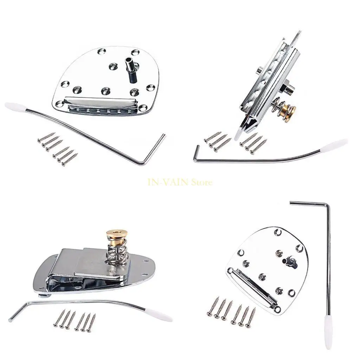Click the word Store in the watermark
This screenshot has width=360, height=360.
[x=202, y=182]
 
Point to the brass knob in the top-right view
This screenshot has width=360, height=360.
[x=289, y=109]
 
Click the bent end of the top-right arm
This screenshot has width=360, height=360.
[x=195, y=155]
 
